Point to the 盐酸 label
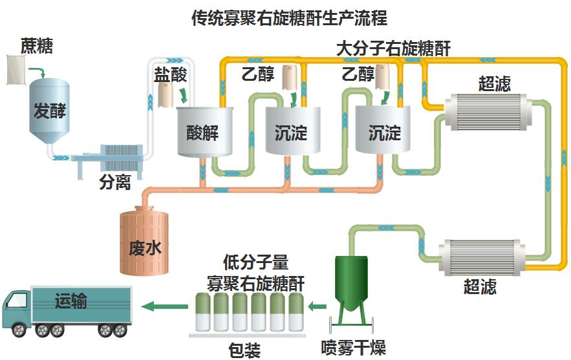pyautogui.click(x=170, y=75)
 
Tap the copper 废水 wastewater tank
pyautogui.click(x=144, y=240)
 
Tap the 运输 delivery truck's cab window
pyautogui.click(x=17, y=301)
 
